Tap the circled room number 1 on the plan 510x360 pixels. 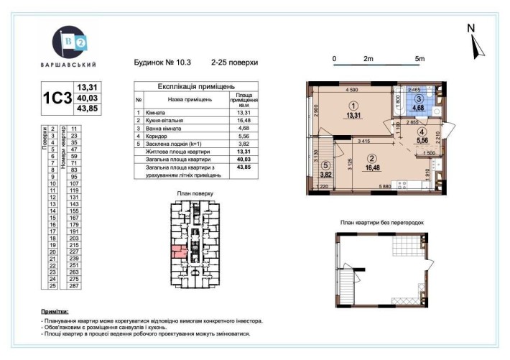point(352,106)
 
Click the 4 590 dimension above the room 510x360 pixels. point(351,90)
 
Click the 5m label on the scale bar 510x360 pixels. point(419,58)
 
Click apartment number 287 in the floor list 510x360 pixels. point(73,286)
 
